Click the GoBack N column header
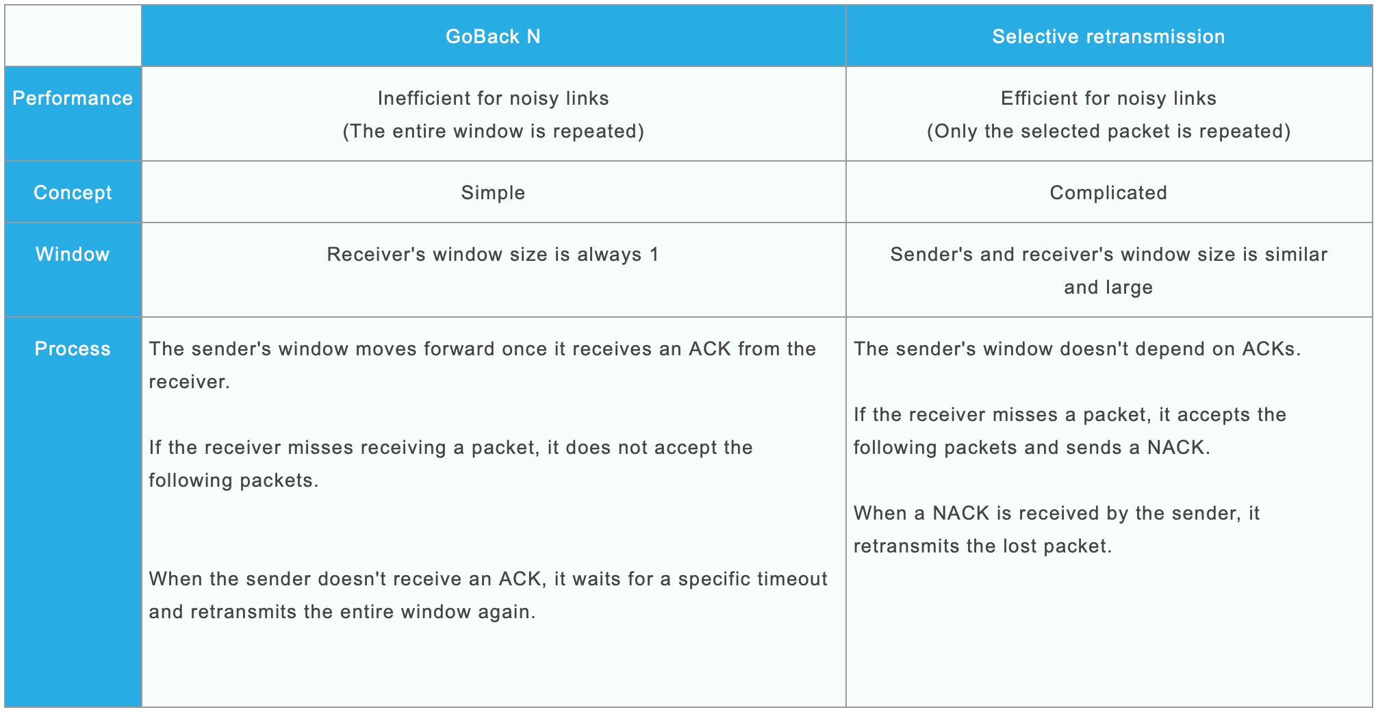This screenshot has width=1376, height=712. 493,36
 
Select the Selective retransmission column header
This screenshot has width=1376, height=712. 1108,36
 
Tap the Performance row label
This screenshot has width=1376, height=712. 73,98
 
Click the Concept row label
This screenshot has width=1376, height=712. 73,192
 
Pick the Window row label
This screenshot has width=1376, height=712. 73,254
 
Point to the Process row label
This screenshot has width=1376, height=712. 73,348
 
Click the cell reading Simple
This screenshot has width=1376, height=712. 493,192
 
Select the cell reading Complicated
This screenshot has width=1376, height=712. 1108,192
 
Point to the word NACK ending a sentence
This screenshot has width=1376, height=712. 1177,447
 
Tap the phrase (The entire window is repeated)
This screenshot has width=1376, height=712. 493,131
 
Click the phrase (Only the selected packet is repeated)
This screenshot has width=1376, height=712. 1108,131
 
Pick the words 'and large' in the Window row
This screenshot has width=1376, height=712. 1108,287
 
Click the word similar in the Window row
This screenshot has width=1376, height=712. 1295,254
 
